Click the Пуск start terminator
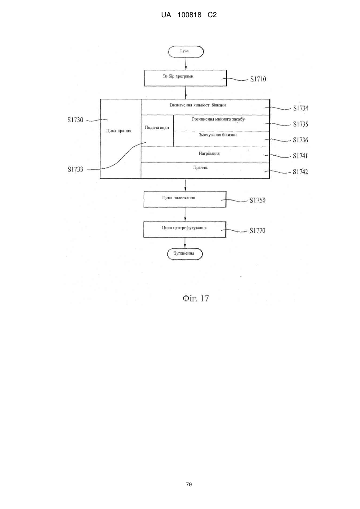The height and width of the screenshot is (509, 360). pyautogui.click(x=186, y=52)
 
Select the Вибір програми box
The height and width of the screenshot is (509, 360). pyautogui.click(x=185, y=78)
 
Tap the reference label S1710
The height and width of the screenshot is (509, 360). pyautogui.click(x=258, y=79)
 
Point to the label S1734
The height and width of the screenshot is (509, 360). pyautogui.click(x=300, y=108)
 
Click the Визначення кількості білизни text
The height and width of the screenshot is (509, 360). pyautogui.click(x=198, y=105)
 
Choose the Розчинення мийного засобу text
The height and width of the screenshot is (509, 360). pyautogui.click(x=218, y=119)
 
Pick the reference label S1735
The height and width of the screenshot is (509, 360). pyautogui.click(x=300, y=124)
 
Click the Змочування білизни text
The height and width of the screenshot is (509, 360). pyautogui.click(x=218, y=135)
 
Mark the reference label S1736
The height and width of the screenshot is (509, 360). pyautogui.click(x=300, y=140)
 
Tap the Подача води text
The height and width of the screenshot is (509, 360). pyautogui.click(x=157, y=128)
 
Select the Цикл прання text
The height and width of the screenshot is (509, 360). pyautogui.click(x=119, y=131)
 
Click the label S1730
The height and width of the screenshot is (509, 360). pyautogui.click(x=76, y=120)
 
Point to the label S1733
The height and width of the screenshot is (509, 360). pyautogui.click(x=76, y=169)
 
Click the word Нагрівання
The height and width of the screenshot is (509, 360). pyautogui.click(x=209, y=154)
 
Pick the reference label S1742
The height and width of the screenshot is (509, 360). pyautogui.click(x=300, y=172)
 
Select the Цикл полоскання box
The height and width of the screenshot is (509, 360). pyautogui.click(x=185, y=199)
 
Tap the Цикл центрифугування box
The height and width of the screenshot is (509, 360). pyautogui.click(x=185, y=230)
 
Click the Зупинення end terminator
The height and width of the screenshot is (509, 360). pyautogui.click(x=185, y=254)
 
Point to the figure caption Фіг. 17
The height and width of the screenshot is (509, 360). pyautogui.click(x=195, y=298)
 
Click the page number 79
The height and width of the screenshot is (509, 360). pyautogui.click(x=189, y=485)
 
